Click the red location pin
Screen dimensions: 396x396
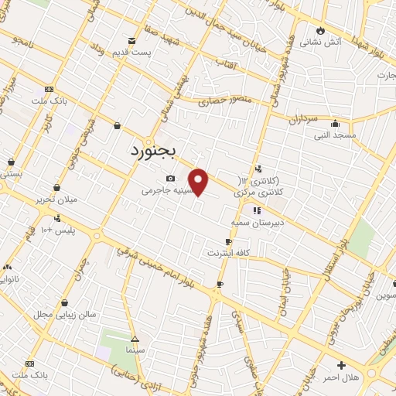point(199,182)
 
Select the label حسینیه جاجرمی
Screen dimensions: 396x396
point(165,189)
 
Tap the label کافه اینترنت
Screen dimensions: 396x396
point(227,253)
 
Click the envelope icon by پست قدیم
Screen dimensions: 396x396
point(131,40)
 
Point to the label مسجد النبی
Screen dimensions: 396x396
point(335,135)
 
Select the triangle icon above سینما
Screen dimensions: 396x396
point(135,339)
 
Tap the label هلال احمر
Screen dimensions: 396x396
point(341,376)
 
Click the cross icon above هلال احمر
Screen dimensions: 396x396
point(341,365)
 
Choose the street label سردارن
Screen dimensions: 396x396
point(304,120)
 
